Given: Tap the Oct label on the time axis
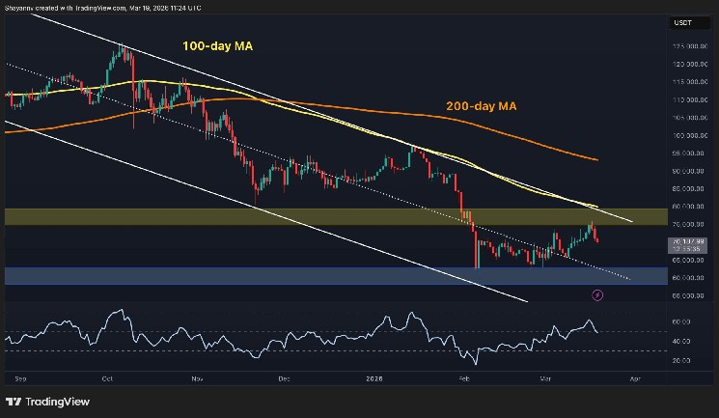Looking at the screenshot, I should [108, 379].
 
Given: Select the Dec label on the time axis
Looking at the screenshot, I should [283, 379].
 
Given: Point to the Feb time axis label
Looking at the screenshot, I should [463, 379].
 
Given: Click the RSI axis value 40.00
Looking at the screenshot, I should [681, 342].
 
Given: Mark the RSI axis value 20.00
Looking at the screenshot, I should [681, 360].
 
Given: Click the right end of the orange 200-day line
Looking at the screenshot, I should [598, 160].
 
